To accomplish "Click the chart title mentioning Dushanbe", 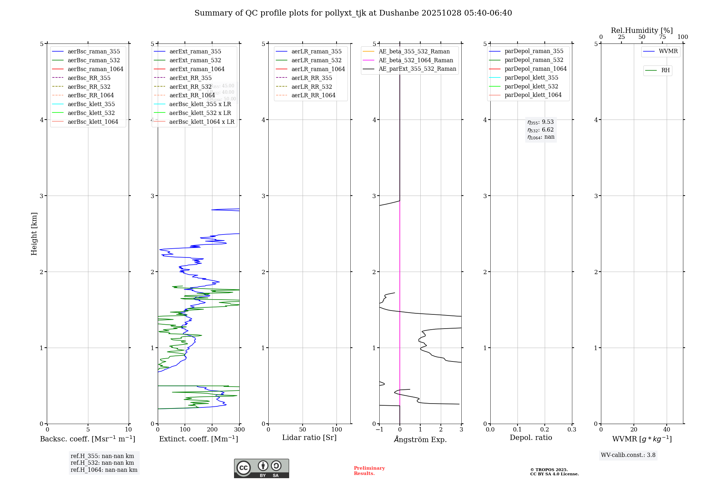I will (x=353, y=13).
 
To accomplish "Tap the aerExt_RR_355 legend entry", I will (x=190, y=78).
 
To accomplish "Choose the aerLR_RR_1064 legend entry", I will (x=313, y=95).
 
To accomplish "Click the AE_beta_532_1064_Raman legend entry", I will (x=416, y=60).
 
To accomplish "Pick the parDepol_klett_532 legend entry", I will (x=531, y=86).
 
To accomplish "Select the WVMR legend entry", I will (x=668, y=51).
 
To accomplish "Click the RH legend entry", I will (x=665, y=70).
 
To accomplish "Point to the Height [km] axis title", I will (x=34, y=234).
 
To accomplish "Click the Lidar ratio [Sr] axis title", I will (x=309, y=437).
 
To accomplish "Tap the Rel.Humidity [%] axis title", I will (x=642, y=30).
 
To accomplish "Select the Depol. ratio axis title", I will (x=531, y=437).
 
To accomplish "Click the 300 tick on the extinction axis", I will (x=239, y=430).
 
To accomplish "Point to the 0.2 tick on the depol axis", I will (x=545, y=430).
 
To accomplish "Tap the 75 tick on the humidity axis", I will (x=662, y=37).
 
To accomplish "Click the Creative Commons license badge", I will (x=261, y=469).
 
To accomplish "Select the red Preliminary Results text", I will (x=369, y=471).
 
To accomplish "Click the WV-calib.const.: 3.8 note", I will (x=628, y=455).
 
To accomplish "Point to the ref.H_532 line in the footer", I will (x=102, y=463).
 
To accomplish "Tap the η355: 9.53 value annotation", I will (x=541, y=122).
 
